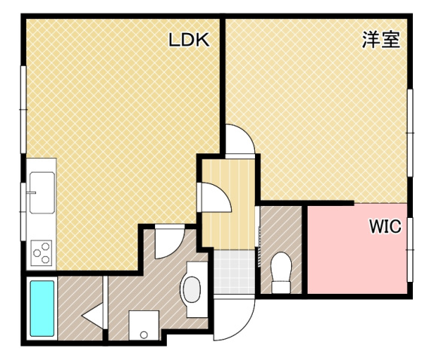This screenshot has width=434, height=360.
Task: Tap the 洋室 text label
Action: [x=380, y=41]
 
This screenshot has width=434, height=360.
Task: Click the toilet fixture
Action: [x=281, y=272]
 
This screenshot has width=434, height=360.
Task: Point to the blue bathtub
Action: [x=41, y=307]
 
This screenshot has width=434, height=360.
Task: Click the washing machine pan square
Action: [x=143, y=325]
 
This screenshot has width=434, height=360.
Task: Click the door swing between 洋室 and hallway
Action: [x=241, y=141]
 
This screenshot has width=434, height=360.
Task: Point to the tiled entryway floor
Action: [x=233, y=273]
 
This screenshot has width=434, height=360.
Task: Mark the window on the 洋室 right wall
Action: [x=410, y=133]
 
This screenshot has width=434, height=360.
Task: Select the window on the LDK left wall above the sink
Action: [x=24, y=111]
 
